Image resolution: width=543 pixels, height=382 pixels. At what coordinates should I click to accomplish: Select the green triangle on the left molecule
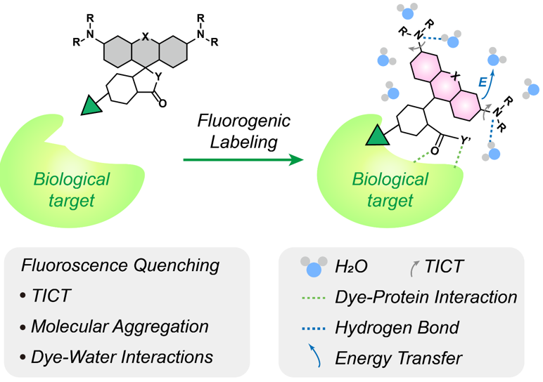(90, 106)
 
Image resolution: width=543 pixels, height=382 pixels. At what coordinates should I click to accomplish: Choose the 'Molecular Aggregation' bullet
(120, 327)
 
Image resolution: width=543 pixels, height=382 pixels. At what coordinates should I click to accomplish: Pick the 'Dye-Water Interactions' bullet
(122, 357)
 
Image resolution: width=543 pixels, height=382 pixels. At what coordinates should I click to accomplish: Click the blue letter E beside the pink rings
(483, 81)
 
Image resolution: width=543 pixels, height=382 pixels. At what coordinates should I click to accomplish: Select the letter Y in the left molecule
(158, 76)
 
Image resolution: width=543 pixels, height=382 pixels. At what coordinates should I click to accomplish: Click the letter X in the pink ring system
(455, 74)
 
